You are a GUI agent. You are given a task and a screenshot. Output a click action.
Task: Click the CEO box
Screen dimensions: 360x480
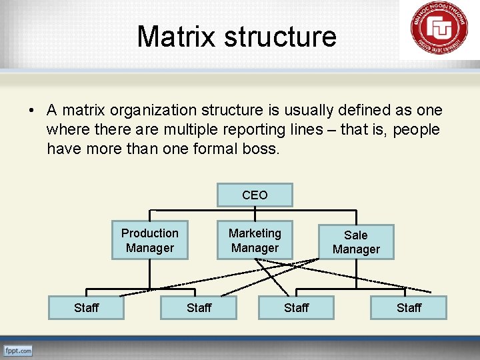(255, 195)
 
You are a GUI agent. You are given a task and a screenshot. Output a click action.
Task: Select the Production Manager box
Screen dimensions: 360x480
(149, 240)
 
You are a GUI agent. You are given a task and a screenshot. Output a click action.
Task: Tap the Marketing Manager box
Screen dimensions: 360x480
(255, 240)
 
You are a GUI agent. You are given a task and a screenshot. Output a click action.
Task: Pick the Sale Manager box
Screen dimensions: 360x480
(356, 242)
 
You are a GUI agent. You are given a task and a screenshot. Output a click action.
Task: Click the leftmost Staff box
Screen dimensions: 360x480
(86, 307)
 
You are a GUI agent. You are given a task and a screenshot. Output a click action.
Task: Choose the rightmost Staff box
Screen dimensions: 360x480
(409, 307)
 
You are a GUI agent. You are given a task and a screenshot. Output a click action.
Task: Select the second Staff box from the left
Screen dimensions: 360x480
(199, 307)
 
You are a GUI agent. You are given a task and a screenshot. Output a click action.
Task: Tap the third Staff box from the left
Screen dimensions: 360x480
(296, 307)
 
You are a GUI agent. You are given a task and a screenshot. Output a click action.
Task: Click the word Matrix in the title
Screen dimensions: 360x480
(177, 36)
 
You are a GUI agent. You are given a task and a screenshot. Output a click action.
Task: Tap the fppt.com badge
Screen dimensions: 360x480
(18, 351)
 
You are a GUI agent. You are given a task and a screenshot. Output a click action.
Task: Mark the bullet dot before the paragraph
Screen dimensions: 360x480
(33, 111)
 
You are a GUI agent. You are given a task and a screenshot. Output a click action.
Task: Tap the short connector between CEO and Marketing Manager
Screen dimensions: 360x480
(255, 213)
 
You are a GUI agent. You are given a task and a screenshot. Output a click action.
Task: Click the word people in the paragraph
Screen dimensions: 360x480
(416, 129)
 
